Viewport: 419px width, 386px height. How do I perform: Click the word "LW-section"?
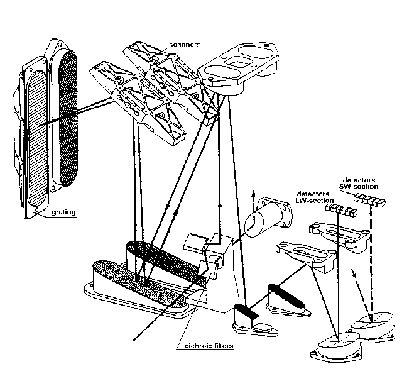pos(312,201)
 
